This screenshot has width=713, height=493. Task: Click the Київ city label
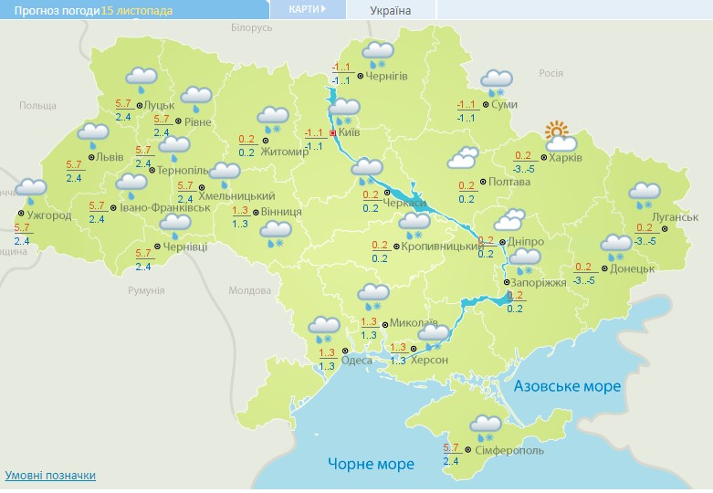coord(349,133)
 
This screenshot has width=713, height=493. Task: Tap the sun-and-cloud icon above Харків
coord(559,137)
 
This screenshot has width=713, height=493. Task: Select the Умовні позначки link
coord(50,476)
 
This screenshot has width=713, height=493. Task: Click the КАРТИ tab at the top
coord(307,9)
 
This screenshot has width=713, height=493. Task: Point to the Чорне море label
coord(371,464)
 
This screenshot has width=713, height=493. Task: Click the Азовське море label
coord(567,386)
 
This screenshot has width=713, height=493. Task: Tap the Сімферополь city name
coord(509,451)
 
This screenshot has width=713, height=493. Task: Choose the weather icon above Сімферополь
coord(486,425)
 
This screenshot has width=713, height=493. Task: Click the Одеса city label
coord(356,360)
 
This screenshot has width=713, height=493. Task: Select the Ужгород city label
coord(43,215)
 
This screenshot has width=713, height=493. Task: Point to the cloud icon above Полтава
coord(463,159)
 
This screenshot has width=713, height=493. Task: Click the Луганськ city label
coord(676,216)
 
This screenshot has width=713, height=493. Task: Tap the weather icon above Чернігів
coord(377,53)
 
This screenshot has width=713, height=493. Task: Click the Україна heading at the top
coord(391,11)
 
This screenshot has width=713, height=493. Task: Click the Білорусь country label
coord(252,28)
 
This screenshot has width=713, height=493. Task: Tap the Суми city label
coord(504,105)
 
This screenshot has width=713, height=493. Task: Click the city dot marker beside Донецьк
coord(603,268)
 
